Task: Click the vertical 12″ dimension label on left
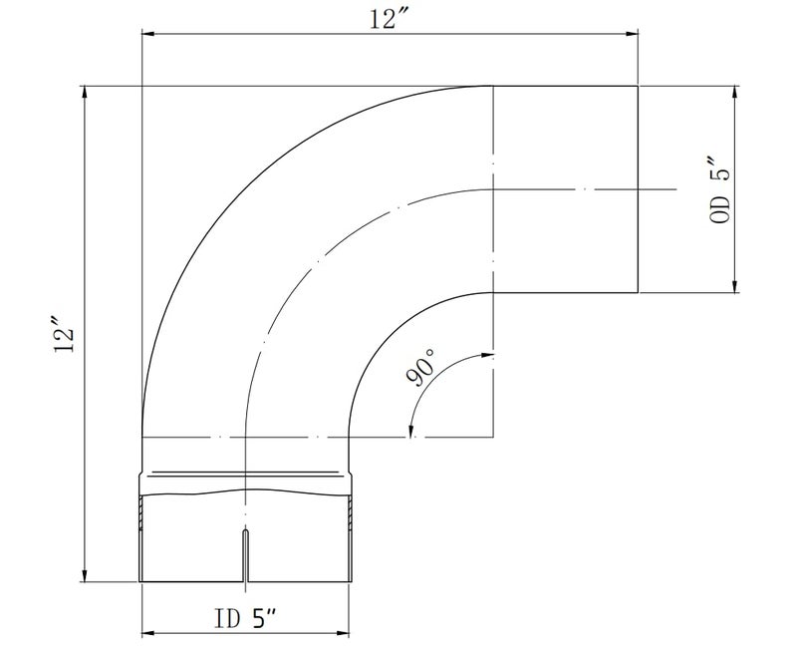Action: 65,335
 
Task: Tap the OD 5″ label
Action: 719,191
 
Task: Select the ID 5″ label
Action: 245,618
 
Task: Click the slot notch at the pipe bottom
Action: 246,556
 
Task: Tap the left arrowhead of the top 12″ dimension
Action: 147,34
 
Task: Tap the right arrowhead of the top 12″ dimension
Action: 632,34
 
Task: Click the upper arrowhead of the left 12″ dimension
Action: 85,92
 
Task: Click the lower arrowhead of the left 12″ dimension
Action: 85,575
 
